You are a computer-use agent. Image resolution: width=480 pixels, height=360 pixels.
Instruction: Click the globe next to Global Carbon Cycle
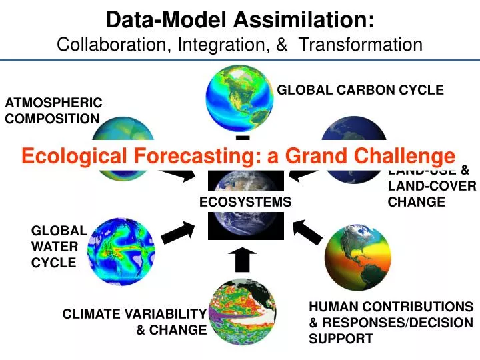click(x=240, y=98)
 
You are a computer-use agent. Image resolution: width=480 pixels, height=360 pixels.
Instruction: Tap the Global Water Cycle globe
click(x=122, y=251)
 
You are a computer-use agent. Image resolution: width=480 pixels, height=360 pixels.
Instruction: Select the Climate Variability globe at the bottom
click(x=242, y=313)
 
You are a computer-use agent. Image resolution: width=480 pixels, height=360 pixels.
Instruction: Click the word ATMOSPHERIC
click(x=53, y=103)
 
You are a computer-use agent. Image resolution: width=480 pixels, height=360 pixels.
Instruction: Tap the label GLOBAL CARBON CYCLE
click(x=360, y=90)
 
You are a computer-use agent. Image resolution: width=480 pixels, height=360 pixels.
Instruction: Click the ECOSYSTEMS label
click(x=246, y=201)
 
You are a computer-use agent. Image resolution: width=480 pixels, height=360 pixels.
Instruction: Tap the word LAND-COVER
click(x=431, y=186)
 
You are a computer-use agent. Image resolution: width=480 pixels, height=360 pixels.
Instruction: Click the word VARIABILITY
click(x=165, y=314)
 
